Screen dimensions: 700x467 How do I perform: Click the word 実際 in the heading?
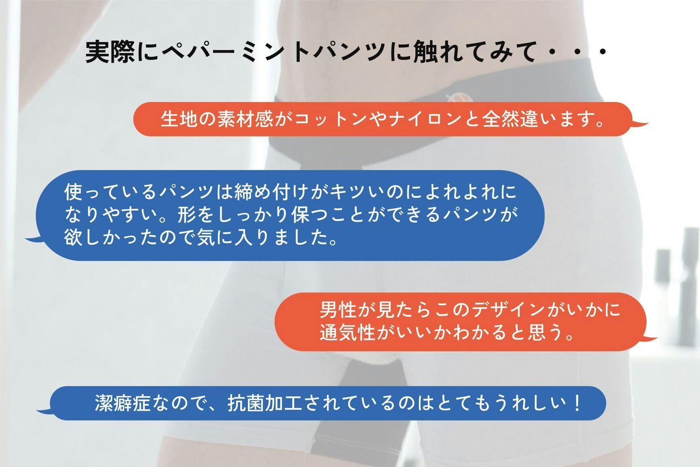coord(110,52)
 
